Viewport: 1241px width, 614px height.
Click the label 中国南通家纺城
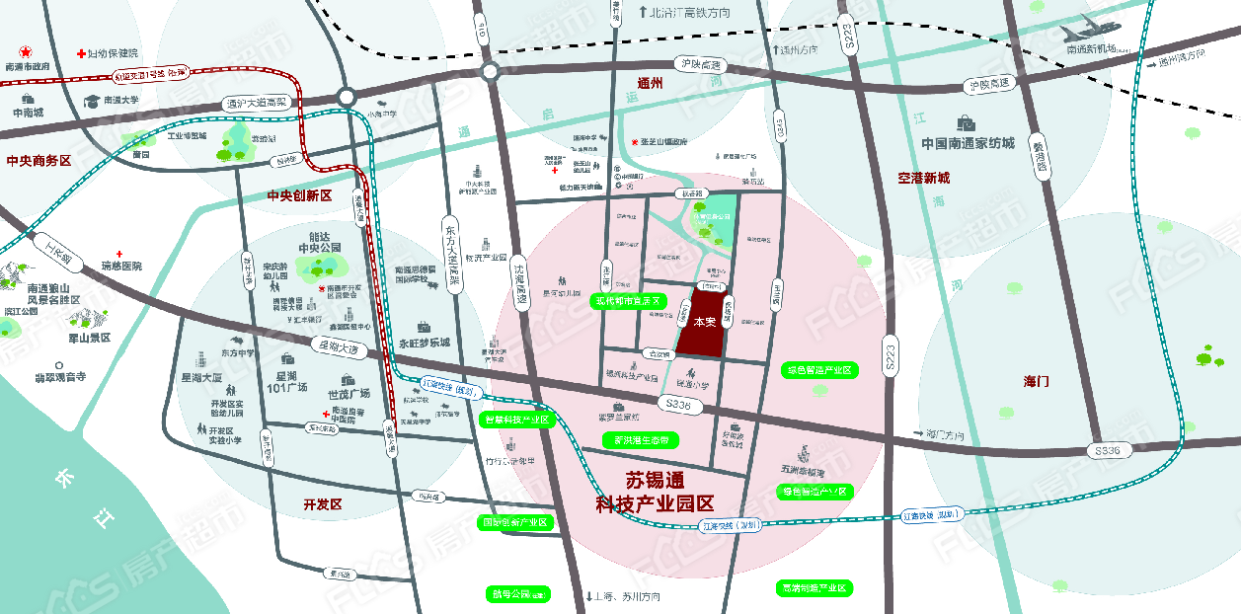point(968,143)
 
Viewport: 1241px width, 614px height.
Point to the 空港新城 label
point(923,178)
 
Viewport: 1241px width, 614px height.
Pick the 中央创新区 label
point(300,195)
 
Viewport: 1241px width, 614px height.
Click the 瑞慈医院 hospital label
point(135,267)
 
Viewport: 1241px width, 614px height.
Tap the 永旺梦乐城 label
point(424,344)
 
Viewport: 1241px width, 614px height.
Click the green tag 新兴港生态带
point(642,439)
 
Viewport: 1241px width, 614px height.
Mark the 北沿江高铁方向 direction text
point(691,13)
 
